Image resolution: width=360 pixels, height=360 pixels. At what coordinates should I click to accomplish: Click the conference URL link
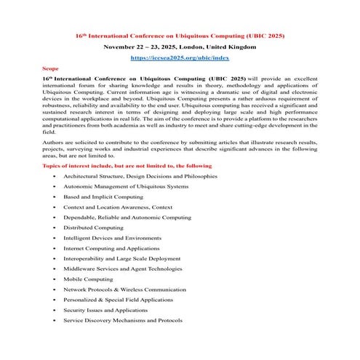pos(180,56)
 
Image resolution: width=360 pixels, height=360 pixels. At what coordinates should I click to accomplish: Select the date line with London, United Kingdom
pos(180,46)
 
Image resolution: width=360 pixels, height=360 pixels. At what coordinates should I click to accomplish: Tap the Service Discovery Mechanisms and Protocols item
pos(122,319)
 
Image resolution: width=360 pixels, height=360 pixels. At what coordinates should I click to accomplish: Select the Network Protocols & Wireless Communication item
pos(121,289)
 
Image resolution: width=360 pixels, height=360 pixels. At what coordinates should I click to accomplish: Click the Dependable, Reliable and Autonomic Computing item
pos(119,217)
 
